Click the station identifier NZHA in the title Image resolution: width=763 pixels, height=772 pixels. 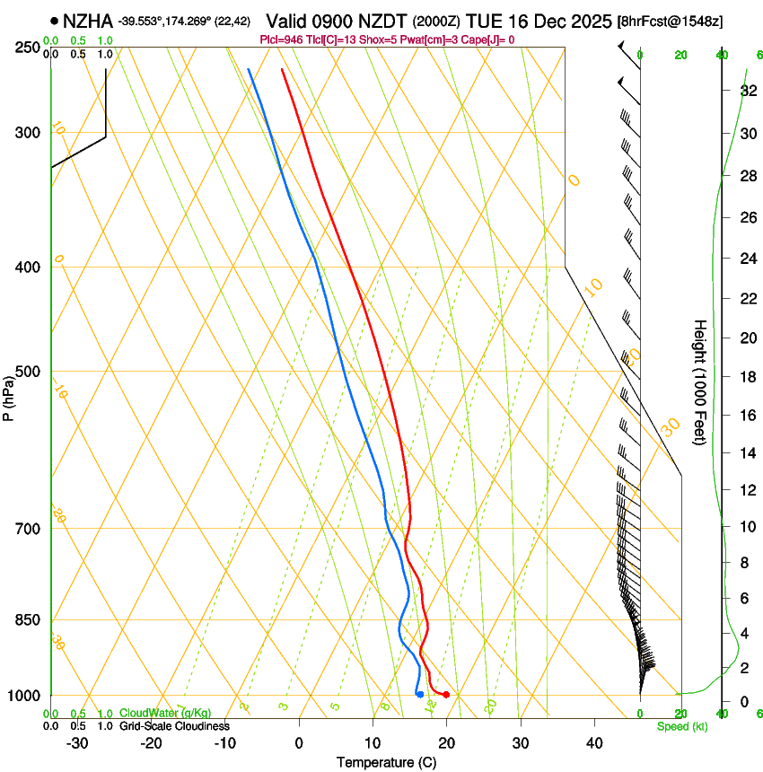click(x=88, y=20)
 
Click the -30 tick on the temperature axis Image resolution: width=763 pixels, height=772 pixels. click(x=77, y=743)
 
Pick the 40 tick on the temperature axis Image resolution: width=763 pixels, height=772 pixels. click(x=593, y=743)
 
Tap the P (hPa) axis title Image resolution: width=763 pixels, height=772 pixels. click(x=8, y=396)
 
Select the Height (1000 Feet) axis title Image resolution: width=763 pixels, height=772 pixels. click(x=700, y=382)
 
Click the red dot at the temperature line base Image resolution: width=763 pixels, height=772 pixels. click(x=446, y=695)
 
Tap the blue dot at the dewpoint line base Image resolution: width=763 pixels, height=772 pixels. click(x=419, y=694)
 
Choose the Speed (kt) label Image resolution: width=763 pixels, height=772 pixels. click(x=682, y=726)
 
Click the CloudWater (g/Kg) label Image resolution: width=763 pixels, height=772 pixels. click(x=166, y=714)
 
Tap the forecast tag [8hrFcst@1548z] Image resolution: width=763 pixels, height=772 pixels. click(x=671, y=21)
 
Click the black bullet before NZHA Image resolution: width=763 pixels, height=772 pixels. click(x=55, y=20)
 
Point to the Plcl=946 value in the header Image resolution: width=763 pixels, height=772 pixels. click(x=280, y=39)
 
